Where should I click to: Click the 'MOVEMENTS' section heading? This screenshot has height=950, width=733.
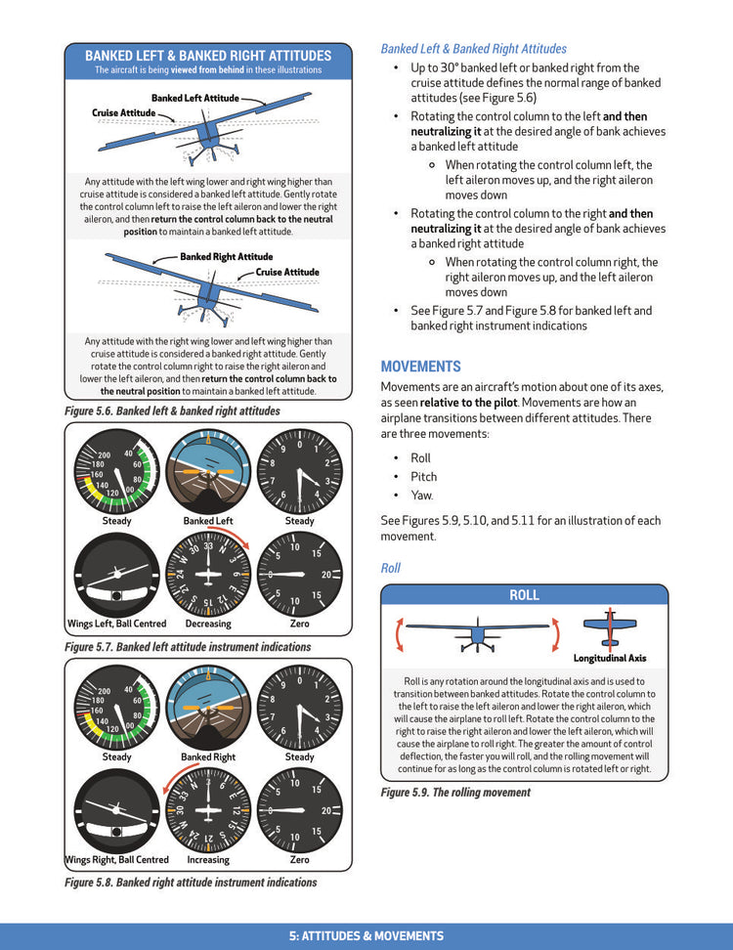tap(420, 367)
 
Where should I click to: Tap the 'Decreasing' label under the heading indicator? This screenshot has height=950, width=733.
tap(208, 624)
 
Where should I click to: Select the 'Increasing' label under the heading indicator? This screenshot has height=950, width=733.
tap(208, 860)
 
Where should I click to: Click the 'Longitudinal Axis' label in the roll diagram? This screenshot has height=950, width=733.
tap(609, 659)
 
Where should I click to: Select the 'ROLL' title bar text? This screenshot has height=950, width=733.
tap(524, 595)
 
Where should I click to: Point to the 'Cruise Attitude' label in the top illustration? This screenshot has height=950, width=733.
tap(124, 113)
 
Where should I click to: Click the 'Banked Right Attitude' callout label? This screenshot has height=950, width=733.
tap(226, 257)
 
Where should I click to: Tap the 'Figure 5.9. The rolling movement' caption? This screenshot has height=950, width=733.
tap(455, 793)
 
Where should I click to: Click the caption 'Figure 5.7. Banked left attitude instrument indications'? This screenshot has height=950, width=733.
tap(188, 647)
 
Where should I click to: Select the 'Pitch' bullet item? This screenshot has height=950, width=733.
tap(423, 477)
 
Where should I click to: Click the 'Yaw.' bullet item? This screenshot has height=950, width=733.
tap(422, 496)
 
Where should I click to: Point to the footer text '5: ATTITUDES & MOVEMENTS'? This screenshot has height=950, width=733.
tap(366, 936)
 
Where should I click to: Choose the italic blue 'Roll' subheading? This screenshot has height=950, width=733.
tap(390, 568)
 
